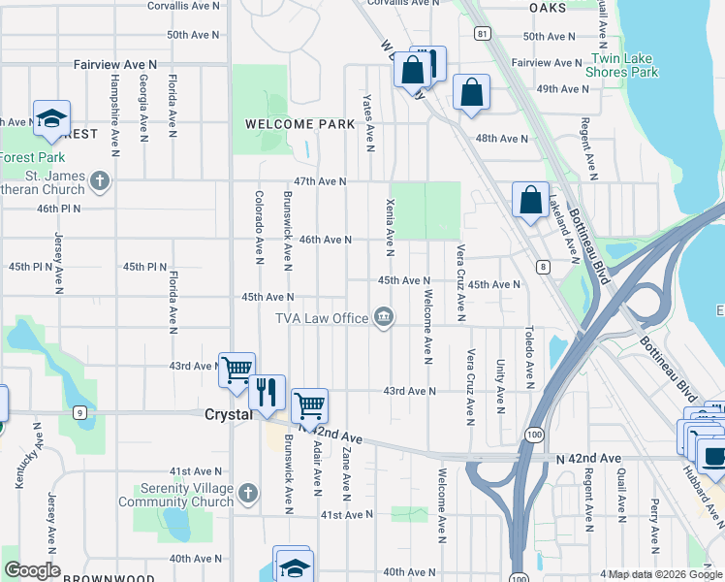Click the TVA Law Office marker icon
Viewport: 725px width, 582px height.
pos(385,317)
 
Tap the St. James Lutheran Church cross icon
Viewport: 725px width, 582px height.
pos(99,181)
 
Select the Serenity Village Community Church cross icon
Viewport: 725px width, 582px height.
pos(248,494)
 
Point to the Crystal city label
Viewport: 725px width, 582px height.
pos(228,413)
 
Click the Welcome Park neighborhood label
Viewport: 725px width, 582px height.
pos(299,124)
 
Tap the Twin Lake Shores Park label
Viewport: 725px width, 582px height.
pos(622,66)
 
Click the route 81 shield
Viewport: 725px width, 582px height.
pos(482,33)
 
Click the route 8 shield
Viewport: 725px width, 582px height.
pos(544,267)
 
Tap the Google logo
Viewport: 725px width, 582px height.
pos(32,570)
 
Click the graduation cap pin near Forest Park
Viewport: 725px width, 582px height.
pos(51,118)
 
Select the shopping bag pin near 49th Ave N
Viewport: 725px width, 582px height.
pos(471,94)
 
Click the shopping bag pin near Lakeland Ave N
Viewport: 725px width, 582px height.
pos(530,202)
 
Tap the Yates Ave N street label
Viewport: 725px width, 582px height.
pos(368,123)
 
